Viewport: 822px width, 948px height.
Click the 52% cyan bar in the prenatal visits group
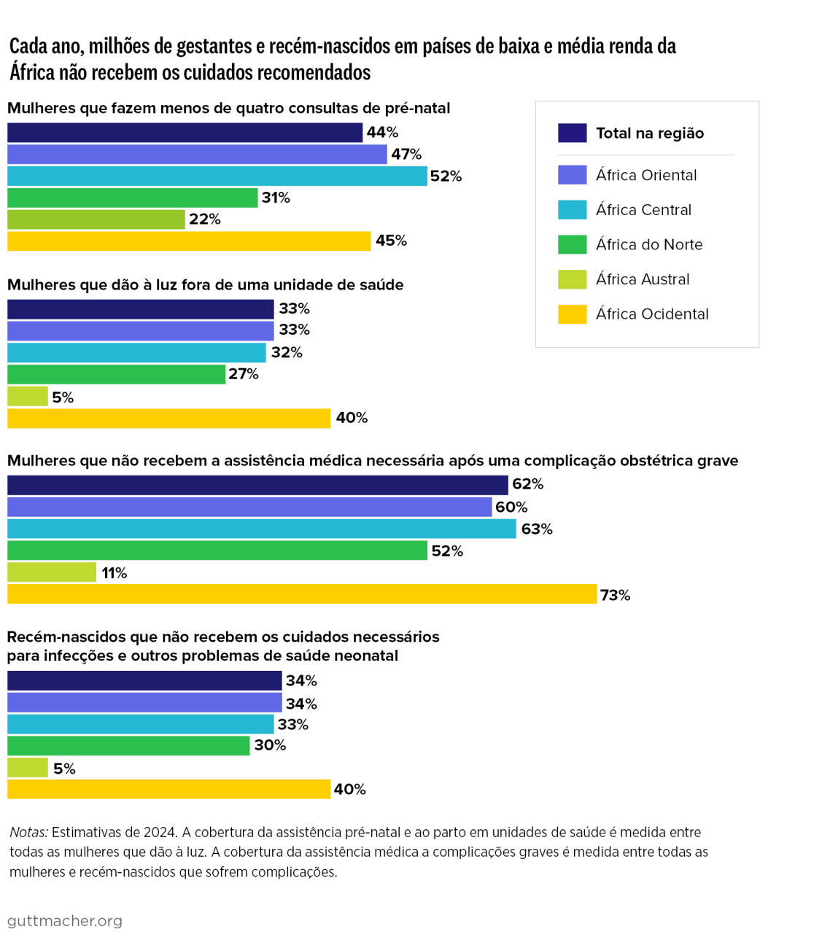(217, 176)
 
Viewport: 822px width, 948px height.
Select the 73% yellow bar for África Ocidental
(302, 594)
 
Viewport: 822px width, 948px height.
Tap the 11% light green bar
(52, 572)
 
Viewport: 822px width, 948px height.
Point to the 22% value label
(204, 219)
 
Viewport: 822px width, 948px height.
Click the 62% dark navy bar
(257, 485)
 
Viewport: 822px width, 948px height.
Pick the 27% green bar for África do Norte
(116, 374)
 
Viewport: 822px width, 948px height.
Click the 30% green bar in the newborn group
(128, 745)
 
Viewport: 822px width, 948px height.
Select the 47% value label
(406, 155)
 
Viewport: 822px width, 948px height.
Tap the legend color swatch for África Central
(572, 210)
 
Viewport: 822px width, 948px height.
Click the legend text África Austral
(642, 279)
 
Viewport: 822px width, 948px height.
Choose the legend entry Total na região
(649, 133)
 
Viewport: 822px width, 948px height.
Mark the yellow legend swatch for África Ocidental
(572, 314)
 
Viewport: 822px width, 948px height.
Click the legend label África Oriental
(645, 176)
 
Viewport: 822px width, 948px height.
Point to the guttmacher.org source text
(65, 921)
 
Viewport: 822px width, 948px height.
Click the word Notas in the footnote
(28, 832)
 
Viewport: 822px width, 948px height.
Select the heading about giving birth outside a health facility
(205, 285)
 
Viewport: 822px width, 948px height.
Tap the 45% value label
(391, 241)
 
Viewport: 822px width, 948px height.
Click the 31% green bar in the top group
(132, 198)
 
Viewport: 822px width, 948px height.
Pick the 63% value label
(536, 529)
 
